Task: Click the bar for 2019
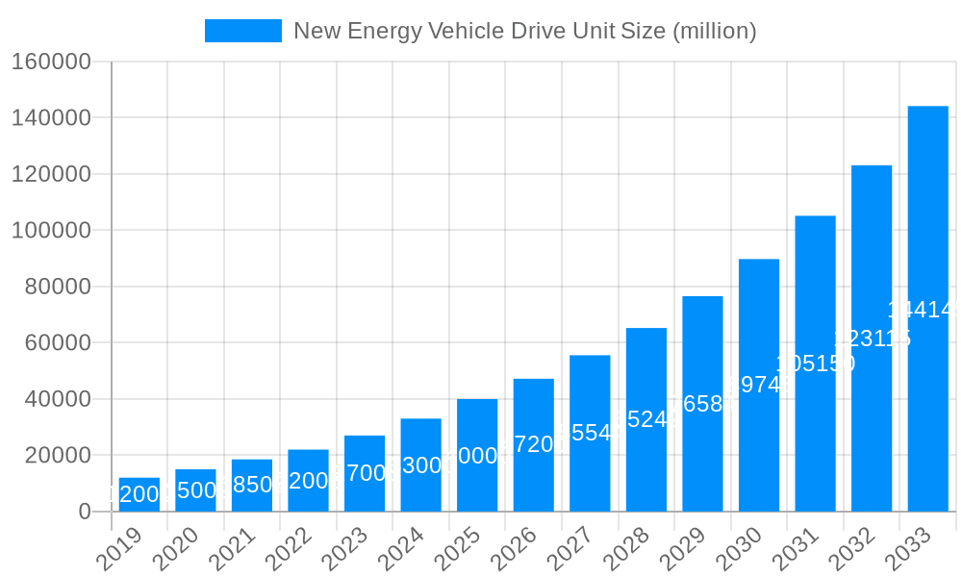coord(139,494)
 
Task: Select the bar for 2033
coord(927,308)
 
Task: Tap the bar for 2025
coord(477,455)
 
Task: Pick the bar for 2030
coord(759,385)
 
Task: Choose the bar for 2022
coord(308,480)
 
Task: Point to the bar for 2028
coord(646,419)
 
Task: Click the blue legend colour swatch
coord(243,31)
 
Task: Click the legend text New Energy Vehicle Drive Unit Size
coord(524,31)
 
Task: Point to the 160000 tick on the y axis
coord(51,63)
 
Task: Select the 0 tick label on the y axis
coord(85,512)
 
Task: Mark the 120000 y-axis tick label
coord(51,174)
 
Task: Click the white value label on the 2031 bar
coord(815,364)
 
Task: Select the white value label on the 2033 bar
coord(925,310)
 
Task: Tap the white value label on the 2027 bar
coord(590,433)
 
